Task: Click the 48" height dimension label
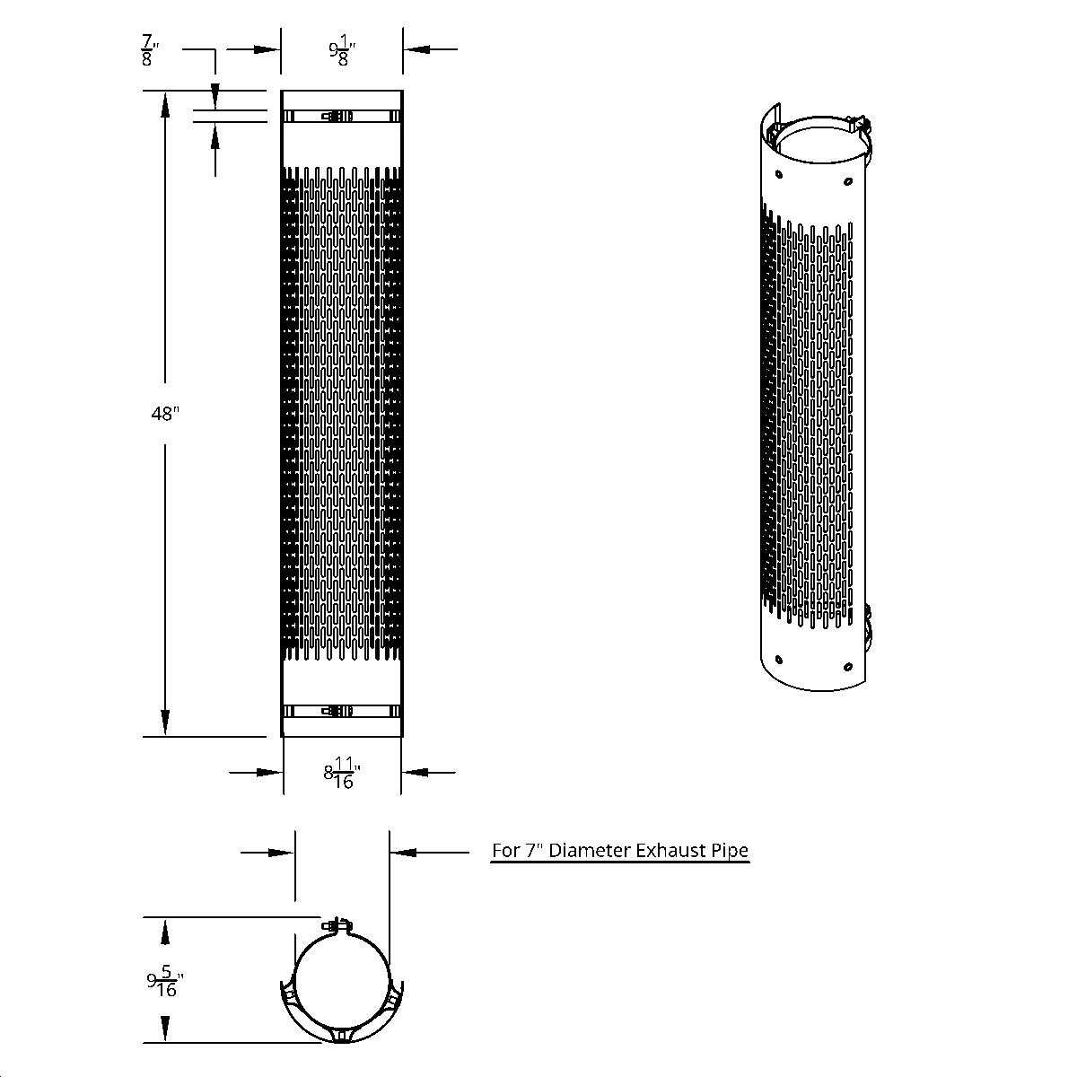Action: [164, 414]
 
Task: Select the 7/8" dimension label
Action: [149, 50]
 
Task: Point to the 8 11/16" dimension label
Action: [342, 773]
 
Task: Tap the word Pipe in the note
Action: [731, 850]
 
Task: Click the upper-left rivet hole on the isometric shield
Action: [778, 171]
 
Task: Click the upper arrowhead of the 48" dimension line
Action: [165, 104]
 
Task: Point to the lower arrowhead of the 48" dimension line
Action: [165, 722]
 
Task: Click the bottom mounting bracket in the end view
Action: [342, 1036]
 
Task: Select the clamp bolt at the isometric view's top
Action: [859, 123]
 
